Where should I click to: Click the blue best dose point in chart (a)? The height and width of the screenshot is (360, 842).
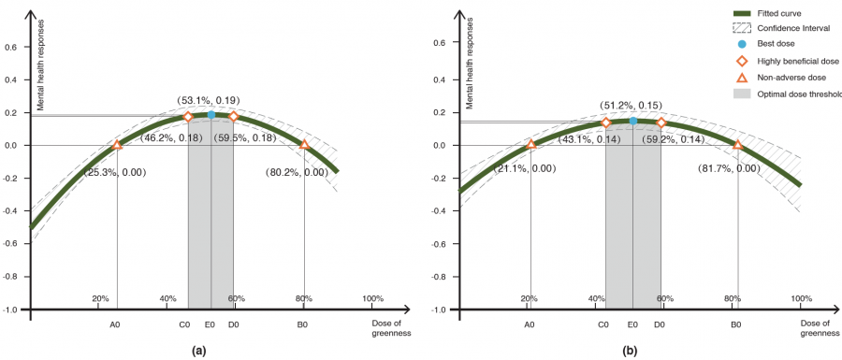[x=210, y=115]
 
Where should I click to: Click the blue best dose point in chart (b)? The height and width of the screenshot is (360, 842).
[x=633, y=121]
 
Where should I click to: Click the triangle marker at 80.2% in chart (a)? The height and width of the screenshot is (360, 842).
[x=304, y=145]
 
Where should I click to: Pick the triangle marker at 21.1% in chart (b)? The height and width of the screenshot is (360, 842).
[x=531, y=144]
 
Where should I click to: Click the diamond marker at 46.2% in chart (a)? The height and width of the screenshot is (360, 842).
[x=188, y=117]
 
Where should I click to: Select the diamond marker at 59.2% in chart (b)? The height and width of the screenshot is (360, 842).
[x=661, y=122]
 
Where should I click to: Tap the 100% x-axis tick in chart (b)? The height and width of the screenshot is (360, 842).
[x=801, y=299]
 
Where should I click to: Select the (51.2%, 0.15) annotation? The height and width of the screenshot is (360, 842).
[x=631, y=106]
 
